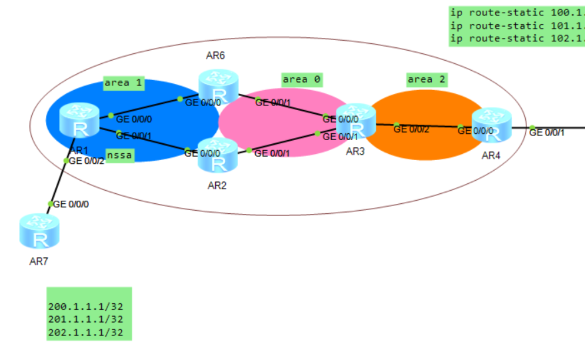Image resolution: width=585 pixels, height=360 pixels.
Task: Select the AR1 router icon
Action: pos(79,120)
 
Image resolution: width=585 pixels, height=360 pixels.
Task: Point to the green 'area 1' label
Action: pos(123,83)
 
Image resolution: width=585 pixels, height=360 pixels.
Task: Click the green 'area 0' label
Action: pos(302,79)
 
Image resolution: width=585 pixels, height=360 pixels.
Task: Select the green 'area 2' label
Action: pos(427,79)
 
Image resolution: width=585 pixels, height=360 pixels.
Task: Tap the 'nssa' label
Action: pos(121,155)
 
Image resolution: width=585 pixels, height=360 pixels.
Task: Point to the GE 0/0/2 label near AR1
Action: pos(87,161)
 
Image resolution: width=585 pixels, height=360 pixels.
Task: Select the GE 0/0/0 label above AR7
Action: pos(71,204)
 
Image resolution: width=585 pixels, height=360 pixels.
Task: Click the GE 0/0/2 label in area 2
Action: pos(411,129)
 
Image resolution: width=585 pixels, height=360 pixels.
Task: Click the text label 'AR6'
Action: pos(215,55)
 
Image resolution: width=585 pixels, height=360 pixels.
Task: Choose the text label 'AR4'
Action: pos(490,155)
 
